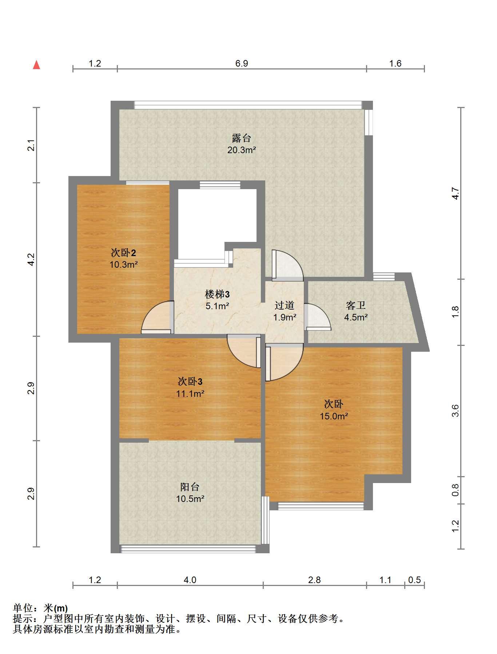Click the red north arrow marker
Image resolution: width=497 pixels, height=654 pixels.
click(36, 65)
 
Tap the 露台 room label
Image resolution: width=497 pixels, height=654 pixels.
click(242, 138)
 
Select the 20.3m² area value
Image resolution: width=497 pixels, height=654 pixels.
click(242, 150)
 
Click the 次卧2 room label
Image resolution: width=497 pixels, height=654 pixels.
click(123, 252)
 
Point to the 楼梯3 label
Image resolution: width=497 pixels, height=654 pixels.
click(217, 294)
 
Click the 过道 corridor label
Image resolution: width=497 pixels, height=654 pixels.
click(285, 306)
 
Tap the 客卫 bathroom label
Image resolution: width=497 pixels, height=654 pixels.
click(356, 306)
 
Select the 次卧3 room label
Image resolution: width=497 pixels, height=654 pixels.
click(190, 382)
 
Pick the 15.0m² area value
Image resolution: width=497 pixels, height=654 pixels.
click(334, 416)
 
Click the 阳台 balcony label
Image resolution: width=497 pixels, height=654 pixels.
click(190, 487)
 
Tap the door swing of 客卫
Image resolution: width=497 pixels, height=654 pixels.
click(318, 317)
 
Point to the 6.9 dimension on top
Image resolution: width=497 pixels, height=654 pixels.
click(242, 64)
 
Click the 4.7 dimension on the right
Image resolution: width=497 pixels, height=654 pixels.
click(456, 193)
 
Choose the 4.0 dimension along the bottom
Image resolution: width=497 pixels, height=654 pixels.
click(190, 580)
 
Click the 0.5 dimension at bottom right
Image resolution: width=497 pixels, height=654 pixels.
click(415, 580)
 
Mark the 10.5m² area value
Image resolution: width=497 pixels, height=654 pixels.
click(190, 499)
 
